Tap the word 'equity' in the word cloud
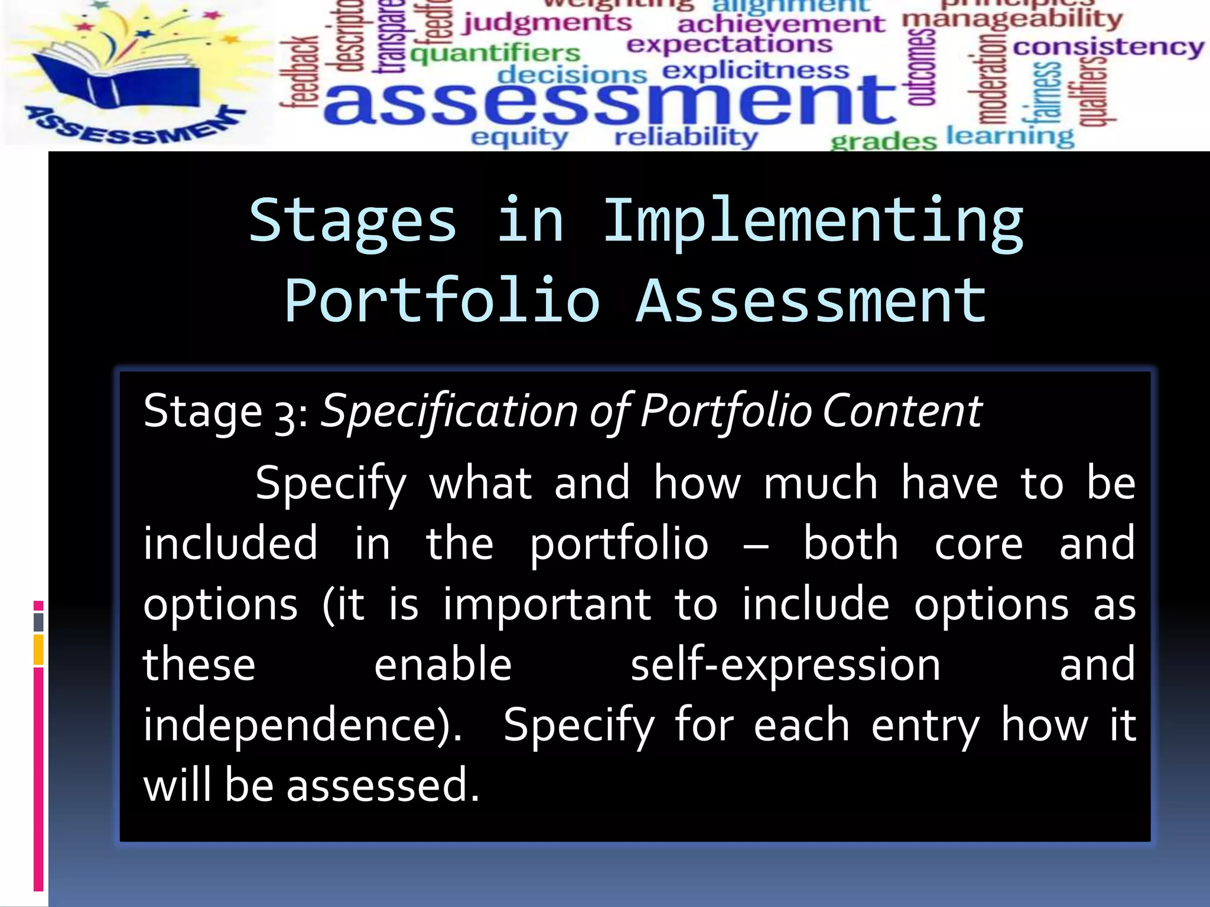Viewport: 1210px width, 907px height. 519,137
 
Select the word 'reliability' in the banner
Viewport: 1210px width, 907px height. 686,137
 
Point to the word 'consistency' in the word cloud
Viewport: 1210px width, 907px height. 1108,47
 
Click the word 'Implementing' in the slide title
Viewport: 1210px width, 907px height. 813,221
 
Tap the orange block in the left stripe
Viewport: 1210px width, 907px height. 38,650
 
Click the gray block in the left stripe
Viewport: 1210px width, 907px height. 38,622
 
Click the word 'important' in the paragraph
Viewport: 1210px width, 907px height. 547,605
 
